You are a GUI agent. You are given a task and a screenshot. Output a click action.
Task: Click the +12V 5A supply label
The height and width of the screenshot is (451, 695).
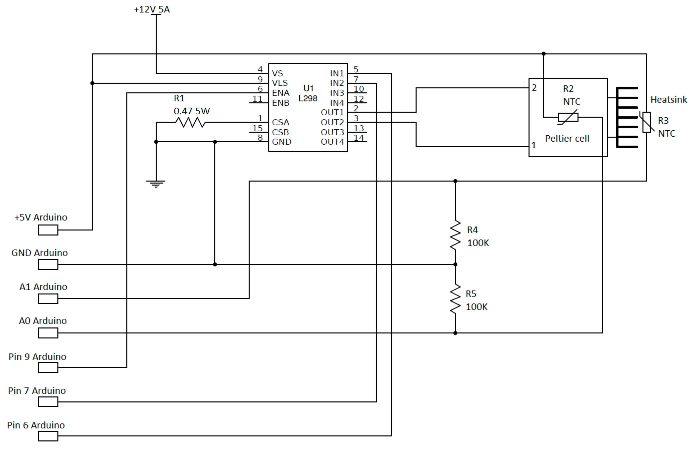pos(152,10)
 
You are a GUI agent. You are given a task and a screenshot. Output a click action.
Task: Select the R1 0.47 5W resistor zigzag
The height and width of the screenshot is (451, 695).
pos(190,122)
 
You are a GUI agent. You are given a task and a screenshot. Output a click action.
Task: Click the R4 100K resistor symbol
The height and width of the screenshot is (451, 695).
pos(455,235)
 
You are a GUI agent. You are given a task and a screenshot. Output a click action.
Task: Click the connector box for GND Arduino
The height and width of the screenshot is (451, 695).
pos(48,265)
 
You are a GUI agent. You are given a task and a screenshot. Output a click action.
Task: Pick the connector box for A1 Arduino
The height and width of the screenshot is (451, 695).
pos(48,298)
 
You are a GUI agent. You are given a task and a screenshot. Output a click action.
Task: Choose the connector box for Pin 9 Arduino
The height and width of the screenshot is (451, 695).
pos(48,367)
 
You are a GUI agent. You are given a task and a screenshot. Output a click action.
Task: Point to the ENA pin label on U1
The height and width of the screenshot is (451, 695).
pos(281,93)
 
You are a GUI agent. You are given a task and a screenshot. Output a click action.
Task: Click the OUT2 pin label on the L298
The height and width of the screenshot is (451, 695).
pos(332,122)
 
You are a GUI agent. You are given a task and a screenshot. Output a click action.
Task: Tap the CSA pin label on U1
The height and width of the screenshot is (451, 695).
pos(280,122)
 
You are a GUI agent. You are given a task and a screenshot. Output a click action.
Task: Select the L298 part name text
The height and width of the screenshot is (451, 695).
pos(308,98)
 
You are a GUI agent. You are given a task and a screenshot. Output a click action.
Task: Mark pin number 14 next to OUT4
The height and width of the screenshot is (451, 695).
pos(359,138)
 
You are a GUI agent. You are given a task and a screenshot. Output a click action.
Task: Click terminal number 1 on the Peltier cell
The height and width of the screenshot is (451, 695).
pos(533,145)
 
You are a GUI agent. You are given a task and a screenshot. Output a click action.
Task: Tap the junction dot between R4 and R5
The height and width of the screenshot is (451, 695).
pos(455,265)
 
